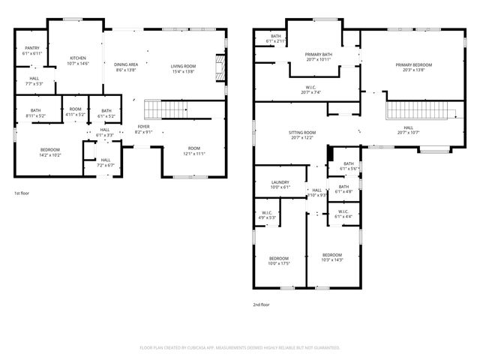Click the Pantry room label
tap(32, 51)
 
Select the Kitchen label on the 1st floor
tap(79, 61)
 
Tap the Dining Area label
tap(125, 67)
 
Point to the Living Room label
tap(183, 69)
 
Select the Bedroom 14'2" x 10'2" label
tap(50, 152)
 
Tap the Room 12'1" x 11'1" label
tap(194, 150)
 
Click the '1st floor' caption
tap(22, 193)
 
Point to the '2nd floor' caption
tap(262, 304)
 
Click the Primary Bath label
tap(319, 56)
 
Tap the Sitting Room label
tap(302, 135)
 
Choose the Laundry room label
tap(280, 184)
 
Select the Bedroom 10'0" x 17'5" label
tap(279, 260)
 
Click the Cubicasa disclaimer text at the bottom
tap(240, 347)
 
